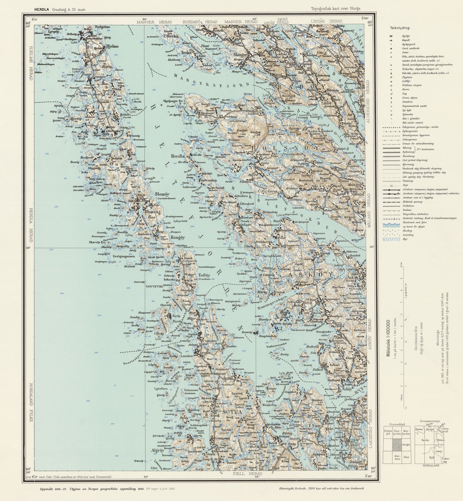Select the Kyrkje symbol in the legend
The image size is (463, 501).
[391, 36]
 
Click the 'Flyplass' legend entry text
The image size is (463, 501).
[408, 77]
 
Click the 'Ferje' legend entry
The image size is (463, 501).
[406, 185]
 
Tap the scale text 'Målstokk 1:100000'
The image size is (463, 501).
[389, 338]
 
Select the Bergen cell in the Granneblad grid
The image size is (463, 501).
[406, 445]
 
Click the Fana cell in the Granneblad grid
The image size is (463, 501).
[406, 457]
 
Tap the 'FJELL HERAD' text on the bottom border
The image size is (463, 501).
[248, 473]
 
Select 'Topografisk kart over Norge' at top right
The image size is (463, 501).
[335, 9]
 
